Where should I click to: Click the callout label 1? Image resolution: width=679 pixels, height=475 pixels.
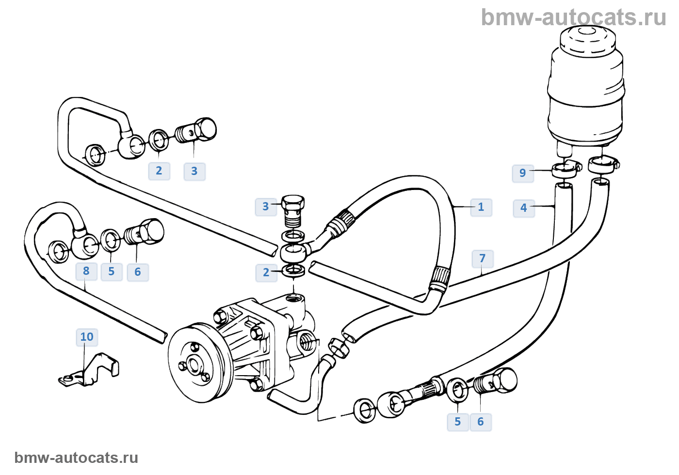(x=481, y=207)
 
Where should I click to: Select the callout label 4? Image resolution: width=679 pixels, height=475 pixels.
(x=523, y=208)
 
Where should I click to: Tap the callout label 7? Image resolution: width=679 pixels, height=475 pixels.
(x=482, y=258)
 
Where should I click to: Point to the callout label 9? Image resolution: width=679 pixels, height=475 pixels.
(x=522, y=173)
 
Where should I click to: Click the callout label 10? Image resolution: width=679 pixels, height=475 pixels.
(x=87, y=337)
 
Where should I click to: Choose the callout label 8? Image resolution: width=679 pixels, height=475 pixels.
(x=86, y=271)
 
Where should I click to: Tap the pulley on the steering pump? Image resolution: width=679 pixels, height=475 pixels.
(x=196, y=364)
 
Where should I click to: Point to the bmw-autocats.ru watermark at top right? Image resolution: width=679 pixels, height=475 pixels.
(x=573, y=17)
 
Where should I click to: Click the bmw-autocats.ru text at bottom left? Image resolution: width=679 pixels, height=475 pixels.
(x=76, y=458)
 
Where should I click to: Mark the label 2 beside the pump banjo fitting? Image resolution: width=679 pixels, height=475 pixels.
(x=266, y=272)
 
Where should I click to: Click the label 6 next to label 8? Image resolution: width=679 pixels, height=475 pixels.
(x=138, y=272)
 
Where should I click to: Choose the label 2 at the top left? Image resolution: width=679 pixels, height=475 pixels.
(x=159, y=171)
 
